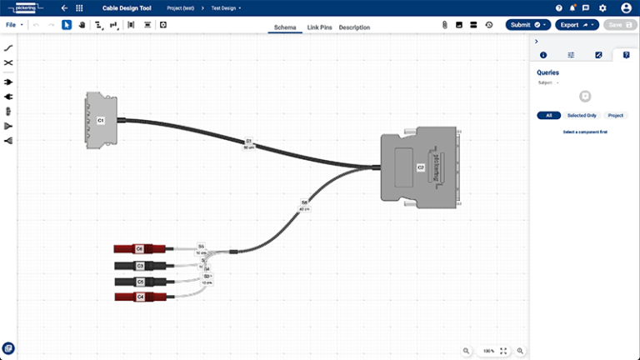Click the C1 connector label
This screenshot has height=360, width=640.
pos(101,121)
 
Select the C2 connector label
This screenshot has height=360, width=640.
pos(421,167)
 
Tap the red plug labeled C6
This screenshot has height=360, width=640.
pos(140,248)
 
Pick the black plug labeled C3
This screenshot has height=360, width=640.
pos(140,266)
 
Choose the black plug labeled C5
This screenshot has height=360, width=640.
pos(140,282)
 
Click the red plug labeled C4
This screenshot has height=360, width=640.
pos(140,297)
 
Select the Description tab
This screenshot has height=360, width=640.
pos(354,27)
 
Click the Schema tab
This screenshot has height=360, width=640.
pos(285,27)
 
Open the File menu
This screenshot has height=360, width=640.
pos(12,25)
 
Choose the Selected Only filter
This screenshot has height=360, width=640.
pos(581,115)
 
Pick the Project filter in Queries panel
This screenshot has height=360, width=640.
pos(616,115)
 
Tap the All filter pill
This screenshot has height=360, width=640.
pos(548,115)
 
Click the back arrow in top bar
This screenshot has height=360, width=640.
pos(64,7)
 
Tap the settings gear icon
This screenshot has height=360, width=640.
pos(602,7)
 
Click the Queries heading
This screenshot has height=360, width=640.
pos(547,72)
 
